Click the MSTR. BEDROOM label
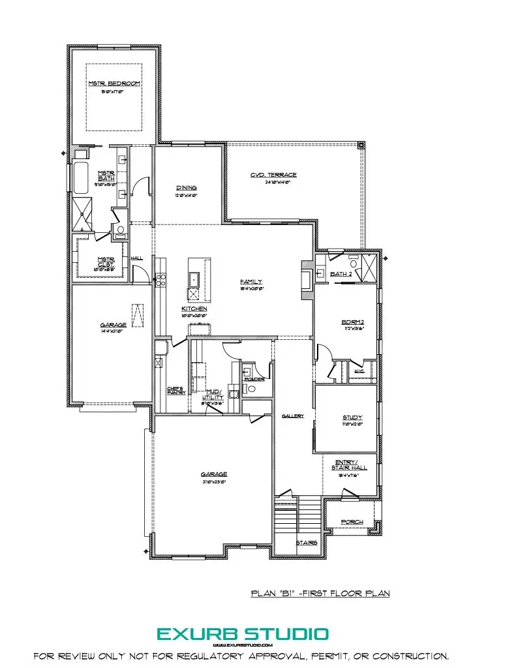click(x=114, y=84)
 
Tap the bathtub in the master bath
click(x=82, y=177)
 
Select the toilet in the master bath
click(x=119, y=230)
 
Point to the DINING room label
click(x=186, y=188)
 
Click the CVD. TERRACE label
click(x=273, y=175)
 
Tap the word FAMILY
click(x=250, y=282)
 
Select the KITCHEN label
click(x=194, y=309)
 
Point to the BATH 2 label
click(x=341, y=274)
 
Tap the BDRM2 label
click(x=352, y=322)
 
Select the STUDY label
click(x=352, y=417)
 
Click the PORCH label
click(x=352, y=522)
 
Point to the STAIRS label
click(x=307, y=543)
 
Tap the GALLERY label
click(x=293, y=416)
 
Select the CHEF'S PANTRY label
click(x=176, y=390)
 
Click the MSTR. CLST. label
click(x=106, y=262)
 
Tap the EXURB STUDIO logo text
click(x=242, y=633)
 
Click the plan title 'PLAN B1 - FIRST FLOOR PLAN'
click(x=320, y=594)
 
